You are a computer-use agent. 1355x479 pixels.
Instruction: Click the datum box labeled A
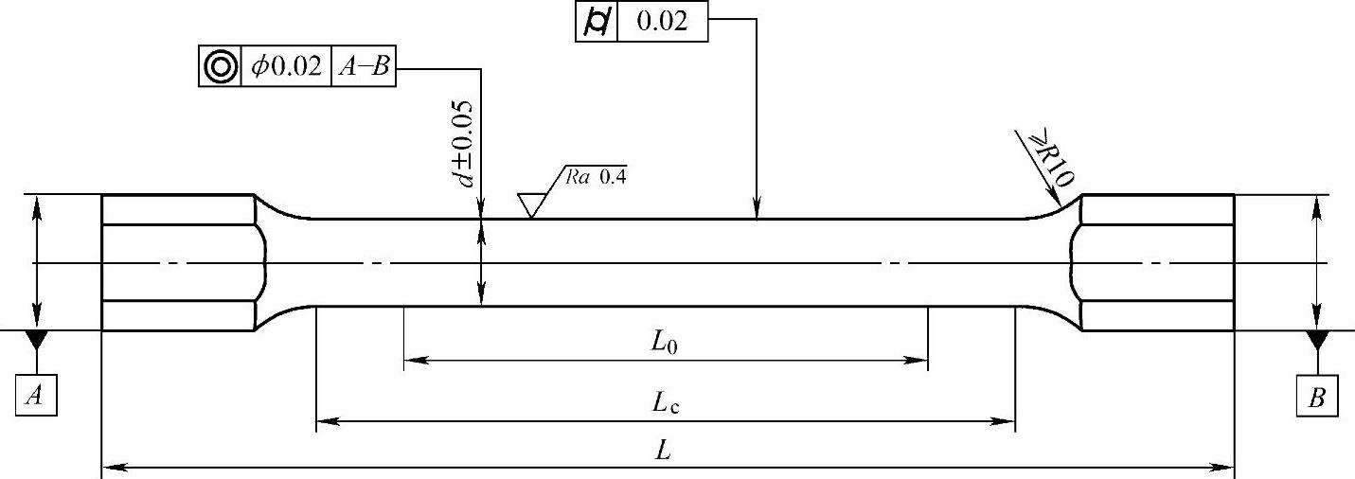(36, 396)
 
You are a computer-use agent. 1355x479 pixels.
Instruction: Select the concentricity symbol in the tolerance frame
(220, 67)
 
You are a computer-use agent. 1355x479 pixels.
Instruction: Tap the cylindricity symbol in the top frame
(596, 22)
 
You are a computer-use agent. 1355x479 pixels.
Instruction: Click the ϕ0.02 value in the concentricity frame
(286, 67)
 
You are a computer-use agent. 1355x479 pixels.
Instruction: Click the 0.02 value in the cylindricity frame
(662, 22)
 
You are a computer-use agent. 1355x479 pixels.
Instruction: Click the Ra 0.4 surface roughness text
(597, 175)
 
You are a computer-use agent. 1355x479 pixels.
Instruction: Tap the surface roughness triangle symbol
(531, 204)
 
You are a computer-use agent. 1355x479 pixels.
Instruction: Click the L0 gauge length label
(665, 345)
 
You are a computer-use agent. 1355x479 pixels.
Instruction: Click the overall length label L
(664, 452)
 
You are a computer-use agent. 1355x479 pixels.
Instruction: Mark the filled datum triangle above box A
(36, 339)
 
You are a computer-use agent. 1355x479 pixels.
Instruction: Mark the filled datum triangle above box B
(1317, 339)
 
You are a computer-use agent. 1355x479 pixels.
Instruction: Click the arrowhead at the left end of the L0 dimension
(411, 360)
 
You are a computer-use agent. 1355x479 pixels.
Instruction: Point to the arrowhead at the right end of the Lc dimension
(1007, 418)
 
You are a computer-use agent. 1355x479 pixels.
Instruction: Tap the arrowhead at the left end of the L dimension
(109, 466)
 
